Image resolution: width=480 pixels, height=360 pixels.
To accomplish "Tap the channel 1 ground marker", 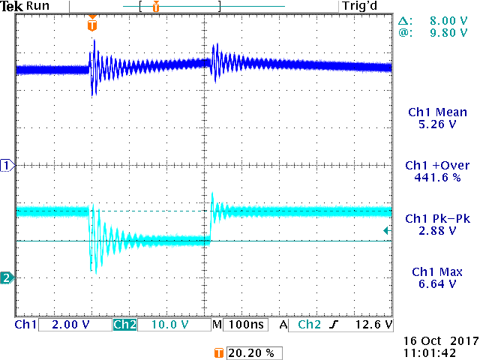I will coord(7,165).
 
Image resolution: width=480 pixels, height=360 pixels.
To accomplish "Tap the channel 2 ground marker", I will coord(7,278).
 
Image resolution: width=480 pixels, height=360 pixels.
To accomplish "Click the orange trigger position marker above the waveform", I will coord(92,25).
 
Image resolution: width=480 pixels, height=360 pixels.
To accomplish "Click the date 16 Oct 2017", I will coord(436,339).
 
